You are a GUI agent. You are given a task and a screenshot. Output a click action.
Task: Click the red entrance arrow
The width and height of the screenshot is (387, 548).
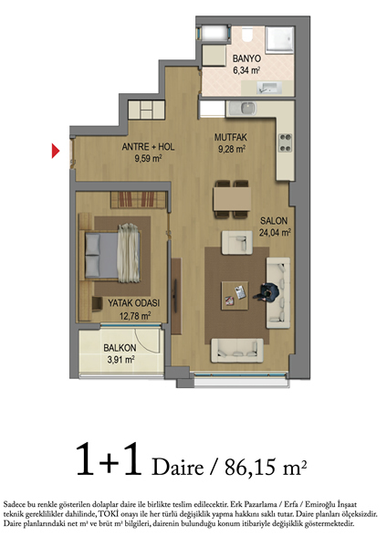coord(55,151)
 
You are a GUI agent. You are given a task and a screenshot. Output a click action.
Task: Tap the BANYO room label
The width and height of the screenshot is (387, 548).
coord(246,58)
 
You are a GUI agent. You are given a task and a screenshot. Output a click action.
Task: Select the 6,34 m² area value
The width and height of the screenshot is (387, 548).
coord(246,70)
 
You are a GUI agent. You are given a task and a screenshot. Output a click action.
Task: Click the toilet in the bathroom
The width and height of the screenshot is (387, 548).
coord(247,34)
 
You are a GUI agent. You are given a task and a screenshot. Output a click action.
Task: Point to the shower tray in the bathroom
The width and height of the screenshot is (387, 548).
coord(280,40)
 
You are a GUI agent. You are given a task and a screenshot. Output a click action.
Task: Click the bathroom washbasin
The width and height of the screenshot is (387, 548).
coord(270,88)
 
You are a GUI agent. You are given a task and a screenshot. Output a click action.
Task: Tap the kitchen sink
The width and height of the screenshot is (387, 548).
coord(246,109)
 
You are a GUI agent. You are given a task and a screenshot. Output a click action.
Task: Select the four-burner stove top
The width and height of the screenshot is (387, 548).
coord(286,142)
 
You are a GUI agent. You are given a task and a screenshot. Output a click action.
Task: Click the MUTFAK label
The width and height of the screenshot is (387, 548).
coord(231,137)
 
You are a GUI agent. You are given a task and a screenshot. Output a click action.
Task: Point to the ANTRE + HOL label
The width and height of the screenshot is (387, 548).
coord(148,147)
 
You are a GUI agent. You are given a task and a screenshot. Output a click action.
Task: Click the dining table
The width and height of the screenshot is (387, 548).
coord(232,198)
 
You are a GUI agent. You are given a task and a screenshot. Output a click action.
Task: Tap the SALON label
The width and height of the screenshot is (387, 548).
coord(274,221)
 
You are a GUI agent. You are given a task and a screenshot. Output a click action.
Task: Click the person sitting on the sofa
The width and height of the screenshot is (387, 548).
coord(267,292)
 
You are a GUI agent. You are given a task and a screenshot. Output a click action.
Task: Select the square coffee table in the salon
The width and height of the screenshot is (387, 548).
coord(235,296)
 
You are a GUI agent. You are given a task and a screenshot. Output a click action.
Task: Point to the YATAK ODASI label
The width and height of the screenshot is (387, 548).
coord(134,302)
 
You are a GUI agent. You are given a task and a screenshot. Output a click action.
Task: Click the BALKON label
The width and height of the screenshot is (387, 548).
coord(120,348)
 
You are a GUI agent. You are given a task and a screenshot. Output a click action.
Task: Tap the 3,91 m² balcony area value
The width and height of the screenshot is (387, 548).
coord(121,360)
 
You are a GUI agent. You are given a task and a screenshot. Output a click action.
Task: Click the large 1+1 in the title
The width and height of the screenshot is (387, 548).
coord(109,458)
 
